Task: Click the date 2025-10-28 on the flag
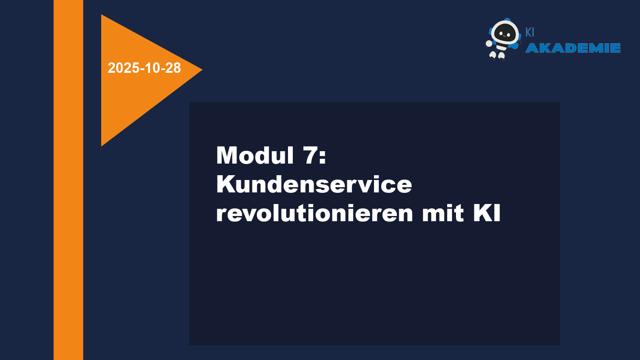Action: [x=144, y=68]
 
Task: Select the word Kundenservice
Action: [x=314, y=184]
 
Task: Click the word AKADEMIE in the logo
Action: [x=573, y=48]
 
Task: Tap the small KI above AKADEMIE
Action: [x=530, y=32]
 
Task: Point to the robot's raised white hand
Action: [x=489, y=44]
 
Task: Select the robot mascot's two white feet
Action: [x=497, y=56]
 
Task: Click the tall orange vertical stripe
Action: [x=68, y=180]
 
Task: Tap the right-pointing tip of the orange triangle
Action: [x=202, y=70]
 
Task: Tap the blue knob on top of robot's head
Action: [x=508, y=20]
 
